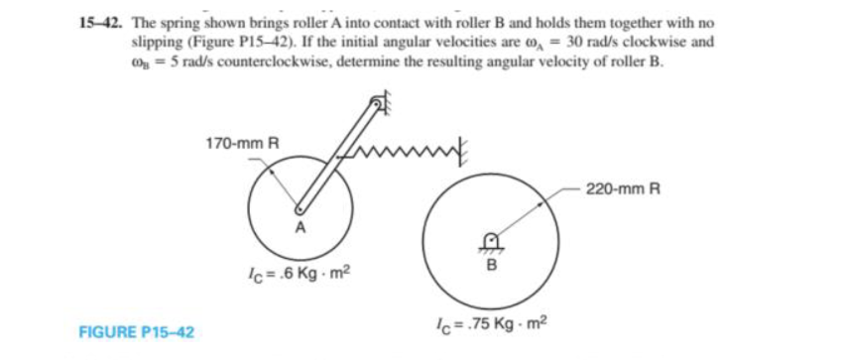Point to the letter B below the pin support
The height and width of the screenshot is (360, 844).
pyautogui.click(x=489, y=265)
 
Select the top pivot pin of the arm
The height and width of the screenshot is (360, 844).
pyautogui.click(x=377, y=102)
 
